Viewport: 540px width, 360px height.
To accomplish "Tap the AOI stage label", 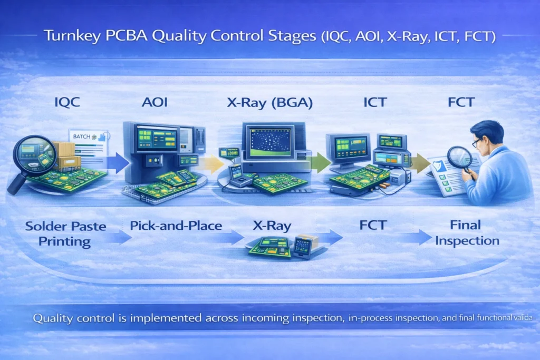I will [x=155, y=103].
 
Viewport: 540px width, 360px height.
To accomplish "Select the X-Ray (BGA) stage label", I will [x=270, y=103].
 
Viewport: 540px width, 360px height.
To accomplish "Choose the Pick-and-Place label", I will [x=176, y=227].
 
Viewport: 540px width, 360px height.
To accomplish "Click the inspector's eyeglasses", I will [x=477, y=142].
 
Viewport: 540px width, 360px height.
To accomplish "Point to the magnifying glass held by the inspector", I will [x=460, y=157].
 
